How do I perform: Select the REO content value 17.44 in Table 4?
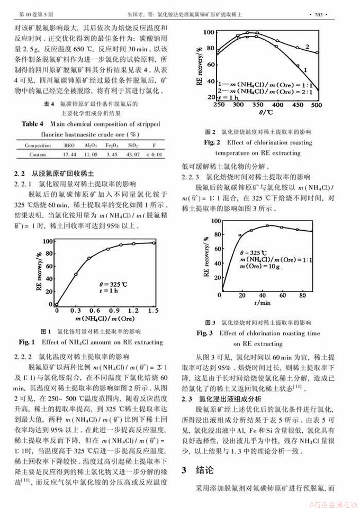[x=69, y=155]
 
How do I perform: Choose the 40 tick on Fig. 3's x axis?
[x=263, y=294]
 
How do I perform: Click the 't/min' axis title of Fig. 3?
[x=262, y=303]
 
